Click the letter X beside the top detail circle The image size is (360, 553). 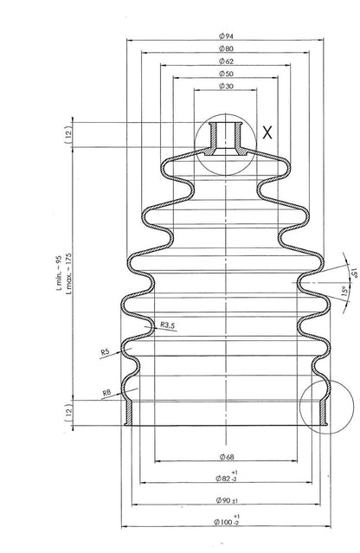click(267, 132)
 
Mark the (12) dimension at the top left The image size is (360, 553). click(67, 134)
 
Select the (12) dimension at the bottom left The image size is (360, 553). click(67, 411)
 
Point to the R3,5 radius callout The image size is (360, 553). click(169, 325)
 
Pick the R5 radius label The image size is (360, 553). click(105, 352)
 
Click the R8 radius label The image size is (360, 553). click(107, 393)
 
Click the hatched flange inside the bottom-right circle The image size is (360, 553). click(325, 412)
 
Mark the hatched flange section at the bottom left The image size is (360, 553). click(128, 412)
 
